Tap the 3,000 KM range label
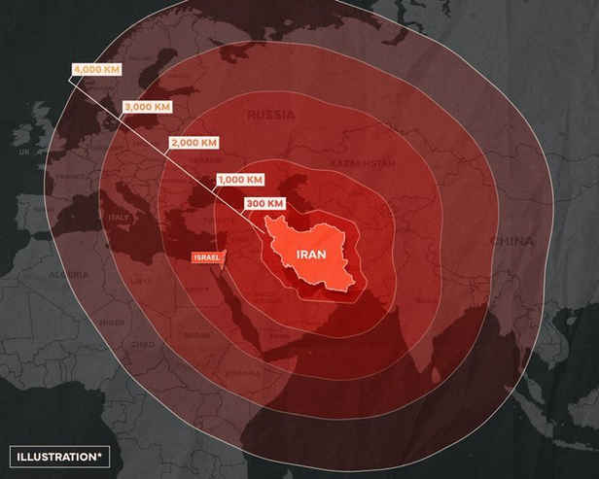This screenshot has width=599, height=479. tap(145, 106)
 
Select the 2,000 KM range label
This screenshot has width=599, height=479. tap(193, 142)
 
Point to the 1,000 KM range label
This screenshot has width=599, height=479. tap(239, 180)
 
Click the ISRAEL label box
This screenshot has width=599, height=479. tap(207, 257)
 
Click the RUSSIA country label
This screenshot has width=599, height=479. tap(270, 116)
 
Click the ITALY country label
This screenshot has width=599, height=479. tap(119, 218)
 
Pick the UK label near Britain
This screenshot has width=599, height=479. tap(23, 153)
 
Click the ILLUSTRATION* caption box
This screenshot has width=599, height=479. tap(60, 455)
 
